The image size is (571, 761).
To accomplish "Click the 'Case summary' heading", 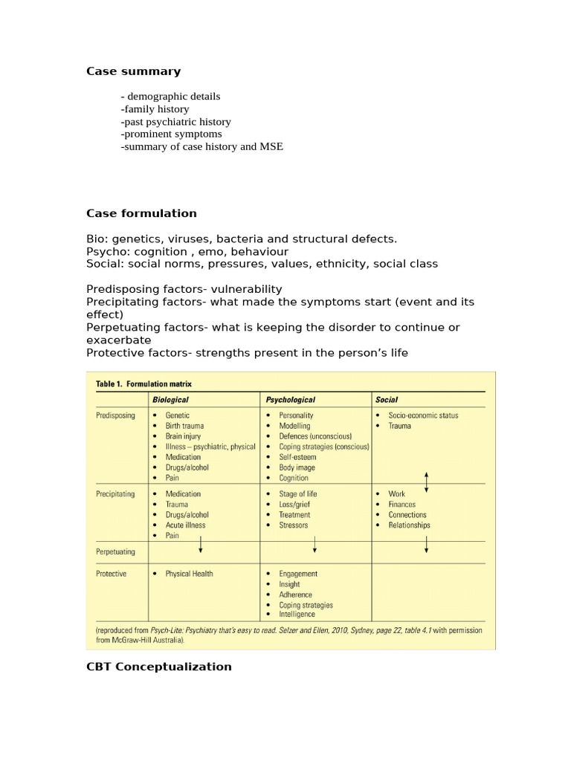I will pos(133,71).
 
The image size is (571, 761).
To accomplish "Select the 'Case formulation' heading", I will pos(141,213).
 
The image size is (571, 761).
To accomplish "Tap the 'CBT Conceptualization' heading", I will pos(158,667).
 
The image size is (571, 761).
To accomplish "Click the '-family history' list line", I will pos(156,109).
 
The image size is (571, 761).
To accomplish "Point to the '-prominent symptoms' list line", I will pos(171,134).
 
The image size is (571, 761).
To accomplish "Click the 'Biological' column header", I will pos(170,400).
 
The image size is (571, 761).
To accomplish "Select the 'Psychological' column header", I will pos(290,400).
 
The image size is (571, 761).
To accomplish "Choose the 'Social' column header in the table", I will pos(387,400).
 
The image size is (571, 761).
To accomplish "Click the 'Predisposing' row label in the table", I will pos(116,415).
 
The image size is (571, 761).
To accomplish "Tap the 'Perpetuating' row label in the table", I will pos(116,552).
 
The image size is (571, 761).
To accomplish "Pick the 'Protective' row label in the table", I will pos(112,574).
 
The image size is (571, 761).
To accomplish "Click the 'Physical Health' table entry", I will pos(189,574).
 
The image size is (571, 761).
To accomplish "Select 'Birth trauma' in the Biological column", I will pos(184,426).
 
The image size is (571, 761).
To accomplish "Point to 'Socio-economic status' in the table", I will pos(423,415).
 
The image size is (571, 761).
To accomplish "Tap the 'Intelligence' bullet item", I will pos(297,615).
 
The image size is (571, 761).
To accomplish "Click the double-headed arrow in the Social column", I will pos(426,482).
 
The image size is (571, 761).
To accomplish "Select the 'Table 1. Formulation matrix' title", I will pos(143,383).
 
